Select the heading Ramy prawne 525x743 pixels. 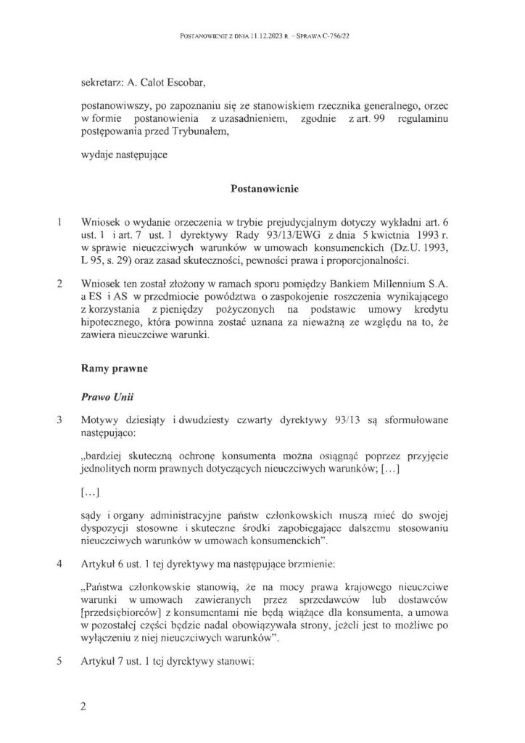115,369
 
